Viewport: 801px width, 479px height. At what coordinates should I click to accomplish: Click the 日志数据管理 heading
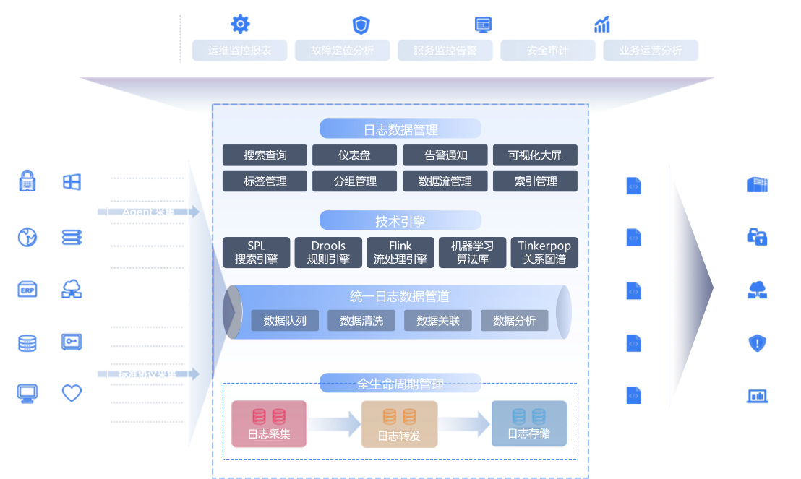(x=400, y=130)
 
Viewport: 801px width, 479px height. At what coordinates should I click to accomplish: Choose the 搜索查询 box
(x=265, y=155)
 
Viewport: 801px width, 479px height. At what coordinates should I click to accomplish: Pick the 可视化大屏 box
(x=535, y=155)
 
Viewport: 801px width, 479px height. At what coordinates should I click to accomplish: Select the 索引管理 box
(x=535, y=181)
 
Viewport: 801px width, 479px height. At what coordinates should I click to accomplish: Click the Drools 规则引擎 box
(x=328, y=252)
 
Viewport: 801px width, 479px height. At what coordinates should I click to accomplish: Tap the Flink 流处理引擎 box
(x=400, y=252)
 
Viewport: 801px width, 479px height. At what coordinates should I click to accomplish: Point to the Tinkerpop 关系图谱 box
(x=544, y=252)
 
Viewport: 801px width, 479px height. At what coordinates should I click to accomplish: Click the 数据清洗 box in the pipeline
(x=361, y=321)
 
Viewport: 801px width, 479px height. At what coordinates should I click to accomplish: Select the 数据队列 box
(x=285, y=321)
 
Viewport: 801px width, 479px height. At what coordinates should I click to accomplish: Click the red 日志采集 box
(x=269, y=424)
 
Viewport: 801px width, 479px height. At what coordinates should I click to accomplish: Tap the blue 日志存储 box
(x=528, y=424)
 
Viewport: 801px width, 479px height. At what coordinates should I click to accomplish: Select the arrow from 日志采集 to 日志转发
(x=334, y=423)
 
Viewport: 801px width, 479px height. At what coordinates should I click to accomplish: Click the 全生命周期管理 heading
(x=400, y=384)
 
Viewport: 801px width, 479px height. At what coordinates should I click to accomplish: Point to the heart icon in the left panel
(x=72, y=394)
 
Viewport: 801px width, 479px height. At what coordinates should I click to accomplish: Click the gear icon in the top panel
(x=240, y=25)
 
